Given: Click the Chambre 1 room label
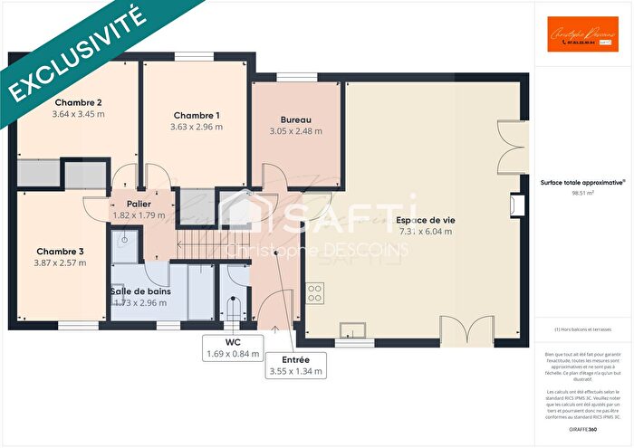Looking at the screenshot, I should pyautogui.click(x=196, y=115).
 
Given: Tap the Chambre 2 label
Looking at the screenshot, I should pyautogui.click(x=77, y=102).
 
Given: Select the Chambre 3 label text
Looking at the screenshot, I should pyautogui.click(x=61, y=251).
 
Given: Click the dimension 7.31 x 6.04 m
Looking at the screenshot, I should pyautogui.click(x=424, y=232).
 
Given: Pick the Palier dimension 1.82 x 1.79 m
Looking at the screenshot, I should pyautogui.click(x=139, y=215).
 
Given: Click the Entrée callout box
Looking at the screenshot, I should pyautogui.click(x=295, y=365).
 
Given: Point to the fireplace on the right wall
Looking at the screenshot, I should pyautogui.click(x=517, y=206).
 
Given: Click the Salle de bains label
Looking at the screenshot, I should pyautogui.click(x=140, y=291).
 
